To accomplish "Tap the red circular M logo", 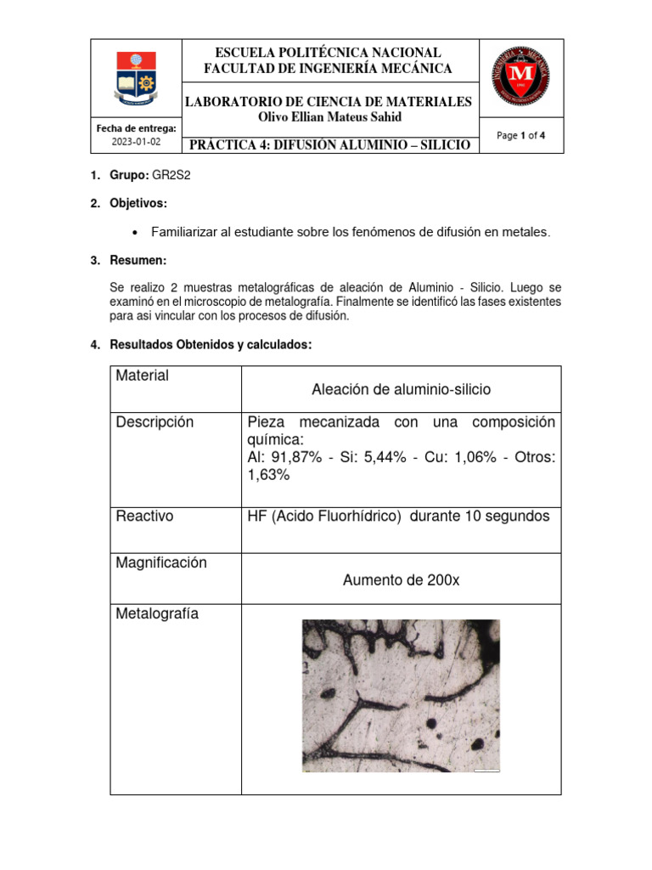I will click(x=520, y=77).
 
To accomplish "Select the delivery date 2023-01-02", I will click(x=136, y=143).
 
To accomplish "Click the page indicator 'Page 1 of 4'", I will click(x=520, y=135).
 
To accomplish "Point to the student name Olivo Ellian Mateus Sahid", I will click(x=329, y=117).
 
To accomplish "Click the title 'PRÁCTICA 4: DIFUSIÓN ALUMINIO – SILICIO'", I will click(x=329, y=145).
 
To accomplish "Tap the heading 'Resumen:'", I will click(x=138, y=259).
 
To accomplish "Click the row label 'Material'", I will click(x=142, y=376).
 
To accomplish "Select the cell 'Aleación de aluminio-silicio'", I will click(x=401, y=389).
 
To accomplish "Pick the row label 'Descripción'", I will click(x=155, y=422).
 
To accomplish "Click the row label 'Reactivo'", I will click(x=144, y=517).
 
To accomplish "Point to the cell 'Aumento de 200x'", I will click(x=401, y=580).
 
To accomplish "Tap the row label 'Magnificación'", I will click(x=161, y=563).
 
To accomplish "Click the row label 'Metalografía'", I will click(x=157, y=613).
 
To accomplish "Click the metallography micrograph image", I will click(x=401, y=696).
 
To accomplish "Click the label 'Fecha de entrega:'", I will click(x=136, y=128).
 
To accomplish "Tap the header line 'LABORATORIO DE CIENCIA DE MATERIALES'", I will click(x=329, y=102).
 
